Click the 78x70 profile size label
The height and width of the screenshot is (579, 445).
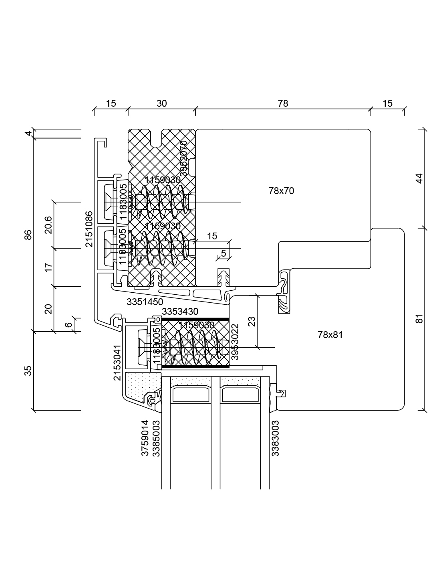[x=281, y=191]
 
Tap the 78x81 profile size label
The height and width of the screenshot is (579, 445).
[x=330, y=335]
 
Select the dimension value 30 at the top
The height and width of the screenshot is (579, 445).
[x=161, y=103]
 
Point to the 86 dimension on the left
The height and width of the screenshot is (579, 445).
[x=28, y=235]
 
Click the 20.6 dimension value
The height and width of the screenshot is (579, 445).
[x=48, y=225]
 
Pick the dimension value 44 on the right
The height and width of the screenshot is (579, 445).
[x=419, y=178]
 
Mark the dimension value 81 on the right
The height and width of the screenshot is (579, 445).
[x=419, y=319]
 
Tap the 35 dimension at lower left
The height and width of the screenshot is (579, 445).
[x=28, y=371]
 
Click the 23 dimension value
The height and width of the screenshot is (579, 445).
[x=252, y=322]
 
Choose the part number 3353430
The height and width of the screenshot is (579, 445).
[x=180, y=312]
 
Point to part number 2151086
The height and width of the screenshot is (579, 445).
[x=89, y=229]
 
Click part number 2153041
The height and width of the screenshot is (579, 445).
[x=116, y=362]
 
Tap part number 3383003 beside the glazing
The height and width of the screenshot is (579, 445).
[x=275, y=438]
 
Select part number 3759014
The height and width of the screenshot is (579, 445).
[x=145, y=438]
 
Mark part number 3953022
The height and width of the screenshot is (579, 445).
[x=235, y=342]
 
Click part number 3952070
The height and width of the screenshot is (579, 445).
[x=183, y=158]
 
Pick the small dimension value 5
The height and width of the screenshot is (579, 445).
[x=223, y=253]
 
